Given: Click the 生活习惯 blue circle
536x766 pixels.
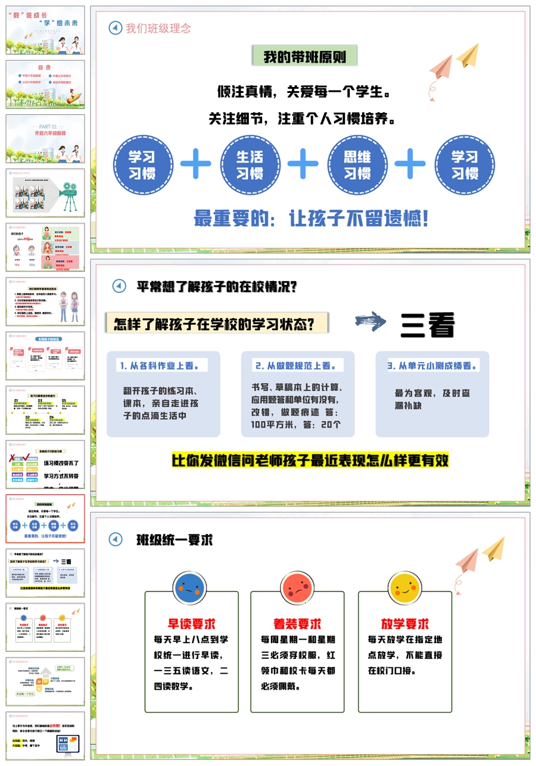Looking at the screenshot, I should pos(250,165).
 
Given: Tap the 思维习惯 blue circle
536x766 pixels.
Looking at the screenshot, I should pos(357,165).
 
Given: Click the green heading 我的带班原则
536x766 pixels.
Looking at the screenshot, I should pos(305,57).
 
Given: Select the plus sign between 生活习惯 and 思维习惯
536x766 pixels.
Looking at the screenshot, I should pos(303,163).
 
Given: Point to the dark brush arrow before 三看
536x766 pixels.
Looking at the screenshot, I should pos(370,321).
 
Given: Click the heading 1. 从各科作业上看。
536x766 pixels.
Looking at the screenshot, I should pos(161,365).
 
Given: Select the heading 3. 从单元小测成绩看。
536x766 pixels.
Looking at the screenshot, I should pos(432,365).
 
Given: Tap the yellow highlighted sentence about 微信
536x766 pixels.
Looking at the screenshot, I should pos(310,460).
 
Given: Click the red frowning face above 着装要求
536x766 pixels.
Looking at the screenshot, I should pos(297,588).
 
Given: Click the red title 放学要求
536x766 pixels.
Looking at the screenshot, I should pos(405,624).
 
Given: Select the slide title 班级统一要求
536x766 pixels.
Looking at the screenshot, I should pos(175,540).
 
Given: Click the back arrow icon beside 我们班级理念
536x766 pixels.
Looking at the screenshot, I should pos(115,28).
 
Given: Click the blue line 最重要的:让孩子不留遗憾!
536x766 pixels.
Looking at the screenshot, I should pos(311,218).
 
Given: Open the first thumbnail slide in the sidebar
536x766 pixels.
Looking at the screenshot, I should pos(45,30).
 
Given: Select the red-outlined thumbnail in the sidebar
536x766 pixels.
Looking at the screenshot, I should pos(45,518).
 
